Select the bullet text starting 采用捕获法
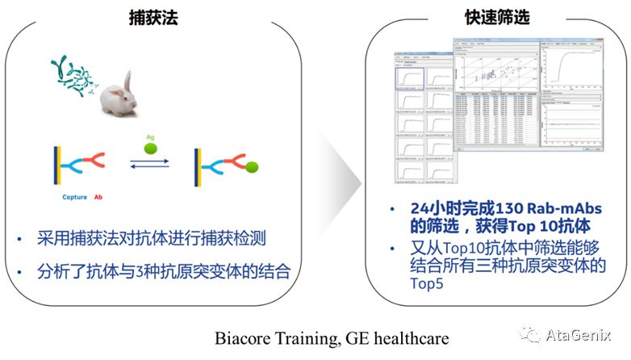coord(151,239)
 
